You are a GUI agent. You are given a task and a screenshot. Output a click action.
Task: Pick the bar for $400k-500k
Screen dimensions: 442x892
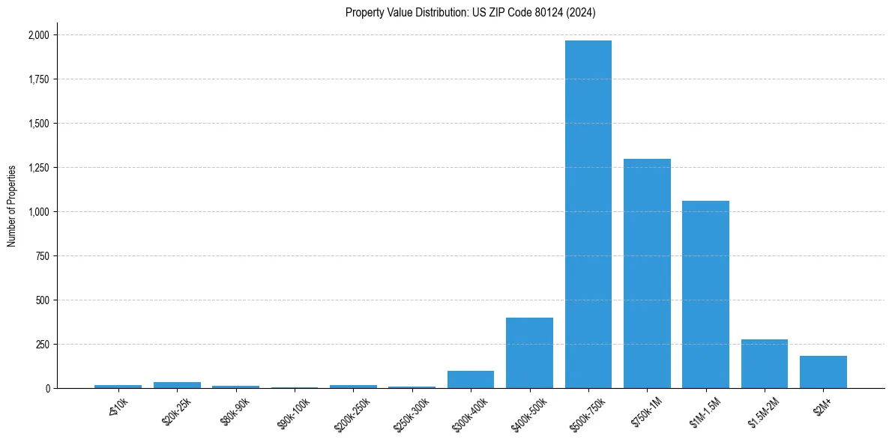click(x=529, y=353)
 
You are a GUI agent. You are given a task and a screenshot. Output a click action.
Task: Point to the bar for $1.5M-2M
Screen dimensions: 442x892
click(x=765, y=364)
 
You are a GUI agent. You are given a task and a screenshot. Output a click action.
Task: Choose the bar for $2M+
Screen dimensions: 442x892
click(x=823, y=372)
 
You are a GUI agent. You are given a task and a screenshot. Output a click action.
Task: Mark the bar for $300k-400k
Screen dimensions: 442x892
click(x=471, y=380)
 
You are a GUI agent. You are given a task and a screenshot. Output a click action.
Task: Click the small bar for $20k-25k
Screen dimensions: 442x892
click(x=177, y=385)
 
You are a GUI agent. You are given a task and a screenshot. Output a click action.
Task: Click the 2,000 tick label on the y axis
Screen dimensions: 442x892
click(x=39, y=35)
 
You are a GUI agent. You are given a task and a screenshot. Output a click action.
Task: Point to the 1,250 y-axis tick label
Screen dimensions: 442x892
click(x=39, y=168)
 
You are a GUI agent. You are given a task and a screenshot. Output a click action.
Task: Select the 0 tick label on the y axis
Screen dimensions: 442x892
click(x=47, y=389)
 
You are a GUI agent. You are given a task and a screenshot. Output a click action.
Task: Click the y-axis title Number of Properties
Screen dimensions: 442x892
click(x=12, y=206)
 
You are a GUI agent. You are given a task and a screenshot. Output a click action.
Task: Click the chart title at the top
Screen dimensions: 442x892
click(x=471, y=12)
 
